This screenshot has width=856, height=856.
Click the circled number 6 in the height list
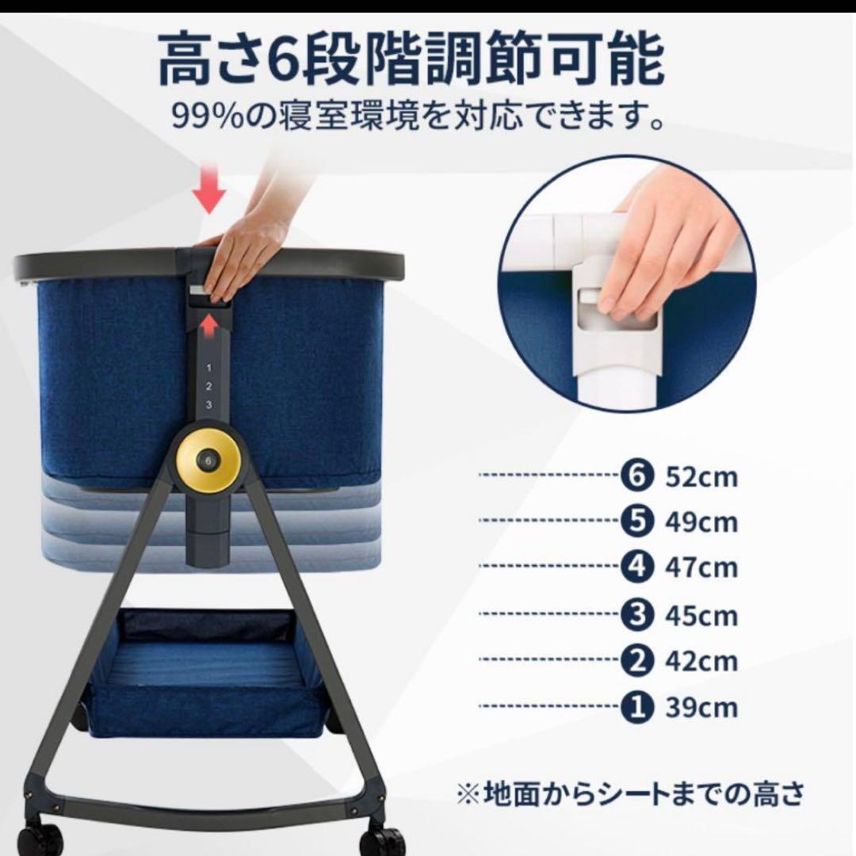pos(639,477)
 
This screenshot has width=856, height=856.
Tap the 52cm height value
pos(701,477)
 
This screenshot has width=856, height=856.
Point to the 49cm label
pos(701,522)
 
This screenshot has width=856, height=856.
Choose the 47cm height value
pos(701,567)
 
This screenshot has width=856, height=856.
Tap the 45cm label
pos(701,615)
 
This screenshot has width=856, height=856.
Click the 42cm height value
pos(701,660)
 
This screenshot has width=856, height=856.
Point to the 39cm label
pos(701,706)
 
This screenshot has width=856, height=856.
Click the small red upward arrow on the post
pos(209,324)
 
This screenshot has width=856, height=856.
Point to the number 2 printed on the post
pos(209,387)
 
